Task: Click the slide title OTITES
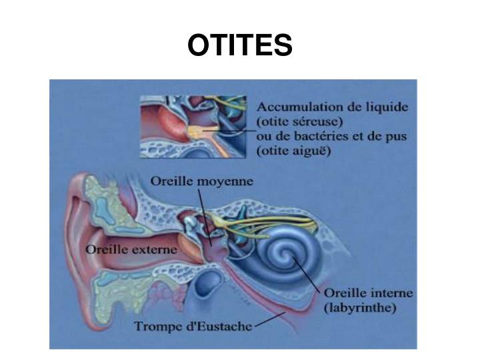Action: point(240,45)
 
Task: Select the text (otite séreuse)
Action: point(300,122)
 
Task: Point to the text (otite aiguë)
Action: point(294,151)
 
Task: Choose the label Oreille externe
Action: point(132,249)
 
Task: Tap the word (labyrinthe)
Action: point(359,308)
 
